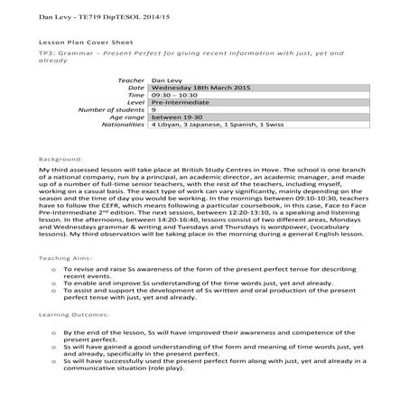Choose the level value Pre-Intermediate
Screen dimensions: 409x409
[181, 101]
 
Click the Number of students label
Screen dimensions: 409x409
[113, 108]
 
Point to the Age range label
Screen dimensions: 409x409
[126, 116]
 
